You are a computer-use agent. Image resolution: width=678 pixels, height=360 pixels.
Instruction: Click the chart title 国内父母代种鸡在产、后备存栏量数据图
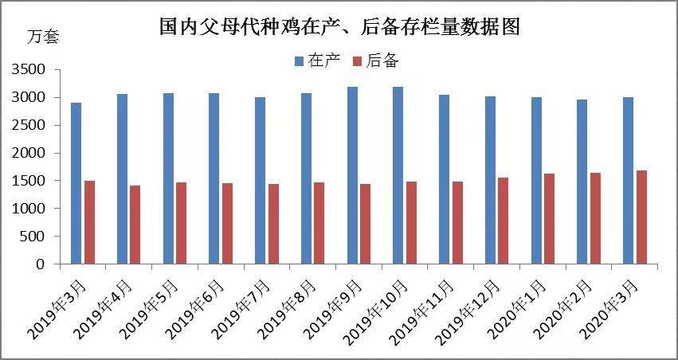pyautogui.click(x=339, y=29)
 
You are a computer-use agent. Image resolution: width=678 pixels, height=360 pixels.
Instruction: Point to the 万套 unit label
pyautogui.click(x=43, y=37)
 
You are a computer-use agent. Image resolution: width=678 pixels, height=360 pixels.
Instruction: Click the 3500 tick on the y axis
pyautogui.click(x=28, y=70)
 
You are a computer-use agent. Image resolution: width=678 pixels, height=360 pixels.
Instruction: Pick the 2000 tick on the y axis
pyautogui.click(x=28, y=153)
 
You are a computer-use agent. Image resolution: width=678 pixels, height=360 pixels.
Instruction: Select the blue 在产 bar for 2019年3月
pyautogui.click(x=76, y=183)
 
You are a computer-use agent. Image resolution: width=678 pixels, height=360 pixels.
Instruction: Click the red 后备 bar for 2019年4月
pyautogui.click(x=135, y=225)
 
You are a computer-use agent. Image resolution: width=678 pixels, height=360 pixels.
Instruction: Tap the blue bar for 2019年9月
pyautogui.click(x=352, y=175)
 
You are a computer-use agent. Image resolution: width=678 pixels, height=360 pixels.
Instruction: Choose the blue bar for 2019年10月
pyautogui.click(x=398, y=175)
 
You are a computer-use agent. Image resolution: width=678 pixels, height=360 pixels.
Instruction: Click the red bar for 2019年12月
pyautogui.click(x=504, y=221)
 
